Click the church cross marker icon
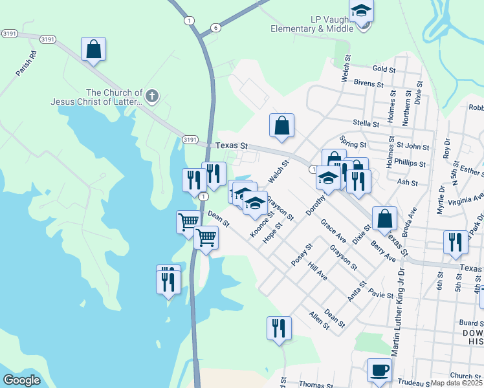(x=151, y=97)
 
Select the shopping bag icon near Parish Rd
(x=93, y=48)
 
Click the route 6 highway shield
(x=215, y=27)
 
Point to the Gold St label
(x=384, y=69)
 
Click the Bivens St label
(x=369, y=83)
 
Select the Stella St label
(x=366, y=124)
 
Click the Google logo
(x=22, y=380)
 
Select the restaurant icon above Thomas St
(x=279, y=327)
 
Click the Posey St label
(x=302, y=255)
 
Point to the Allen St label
(x=320, y=321)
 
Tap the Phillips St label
(x=412, y=164)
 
